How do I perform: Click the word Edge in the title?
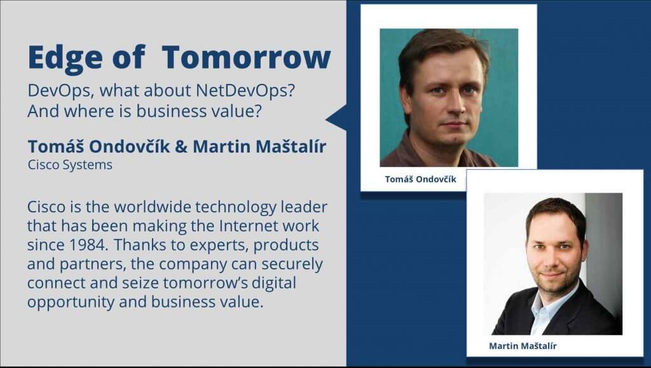pyautogui.click(x=65, y=58)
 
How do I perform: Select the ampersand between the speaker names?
pyautogui.click(x=181, y=146)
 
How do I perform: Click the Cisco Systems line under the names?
pyautogui.click(x=70, y=165)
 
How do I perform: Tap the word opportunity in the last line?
pyautogui.click(x=71, y=302)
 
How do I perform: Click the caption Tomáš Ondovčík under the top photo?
pyautogui.click(x=420, y=179)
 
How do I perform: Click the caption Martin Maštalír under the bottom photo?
pyautogui.click(x=523, y=346)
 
